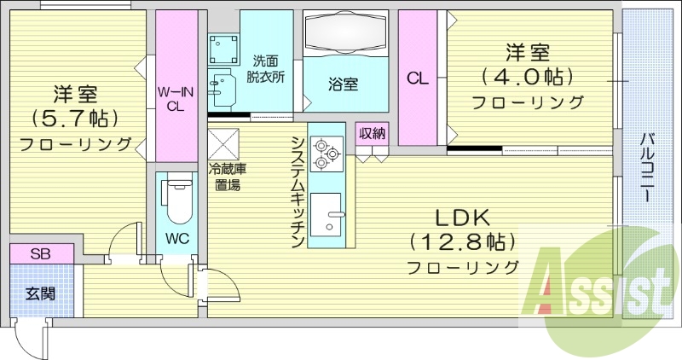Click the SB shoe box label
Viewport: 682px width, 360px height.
click(x=40, y=253)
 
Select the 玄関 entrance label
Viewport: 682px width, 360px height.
click(x=39, y=294)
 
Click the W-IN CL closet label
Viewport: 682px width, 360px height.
click(x=175, y=99)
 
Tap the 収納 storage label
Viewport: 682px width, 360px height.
click(x=372, y=132)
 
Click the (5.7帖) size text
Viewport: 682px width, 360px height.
click(x=75, y=116)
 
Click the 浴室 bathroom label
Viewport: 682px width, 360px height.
click(x=344, y=84)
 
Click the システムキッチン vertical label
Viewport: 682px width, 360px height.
click(x=298, y=192)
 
